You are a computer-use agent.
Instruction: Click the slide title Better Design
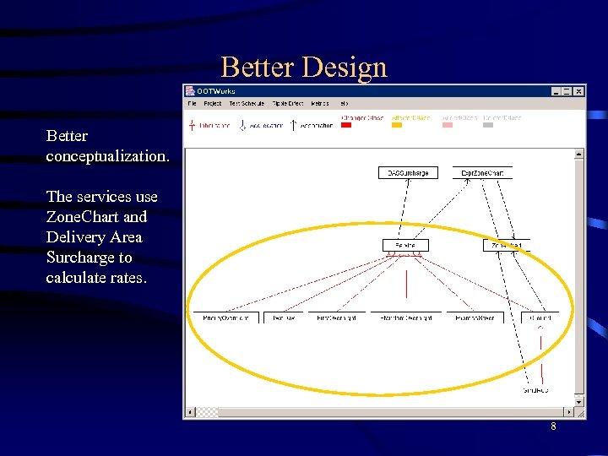tap(304, 67)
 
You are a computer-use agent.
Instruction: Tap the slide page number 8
tap(553, 426)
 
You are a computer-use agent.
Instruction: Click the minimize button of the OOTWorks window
tap(556, 91)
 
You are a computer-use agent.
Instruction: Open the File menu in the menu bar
tap(193, 104)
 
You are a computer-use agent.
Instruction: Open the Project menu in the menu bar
tap(213, 104)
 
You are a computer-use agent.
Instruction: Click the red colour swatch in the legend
tap(346, 125)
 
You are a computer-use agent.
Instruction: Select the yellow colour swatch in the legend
tap(397, 125)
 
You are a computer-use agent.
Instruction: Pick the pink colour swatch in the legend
tap(448, 125)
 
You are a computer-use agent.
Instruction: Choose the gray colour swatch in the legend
tap(488, 125)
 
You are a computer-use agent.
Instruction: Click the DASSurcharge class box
tap(408, 173)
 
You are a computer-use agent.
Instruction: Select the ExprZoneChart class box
tap(482, 173)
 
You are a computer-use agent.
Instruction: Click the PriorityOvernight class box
tap(225, 318)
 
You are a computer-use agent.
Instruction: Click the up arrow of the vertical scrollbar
tap(578, 155)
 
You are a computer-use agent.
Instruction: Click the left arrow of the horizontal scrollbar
tap(190, 412)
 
